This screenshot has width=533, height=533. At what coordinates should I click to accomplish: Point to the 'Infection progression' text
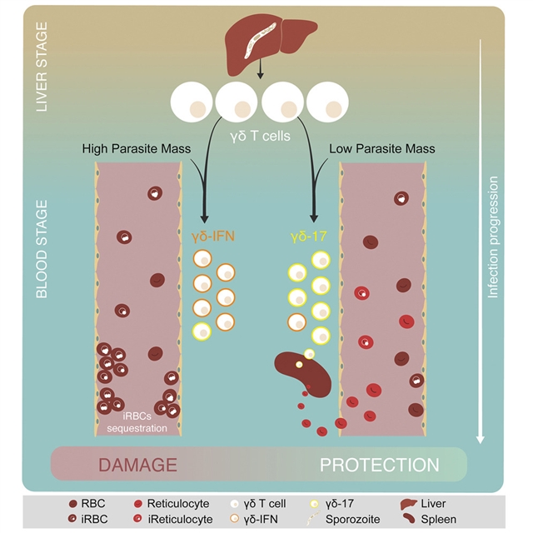493,237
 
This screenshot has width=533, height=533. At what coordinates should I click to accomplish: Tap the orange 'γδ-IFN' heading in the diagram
212,237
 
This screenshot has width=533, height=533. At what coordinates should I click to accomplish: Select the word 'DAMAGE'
137,465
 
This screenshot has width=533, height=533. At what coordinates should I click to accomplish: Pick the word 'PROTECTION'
379,465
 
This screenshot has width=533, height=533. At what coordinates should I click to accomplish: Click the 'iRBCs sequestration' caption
137,423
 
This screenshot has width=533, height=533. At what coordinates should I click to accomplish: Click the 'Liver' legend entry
435,503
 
